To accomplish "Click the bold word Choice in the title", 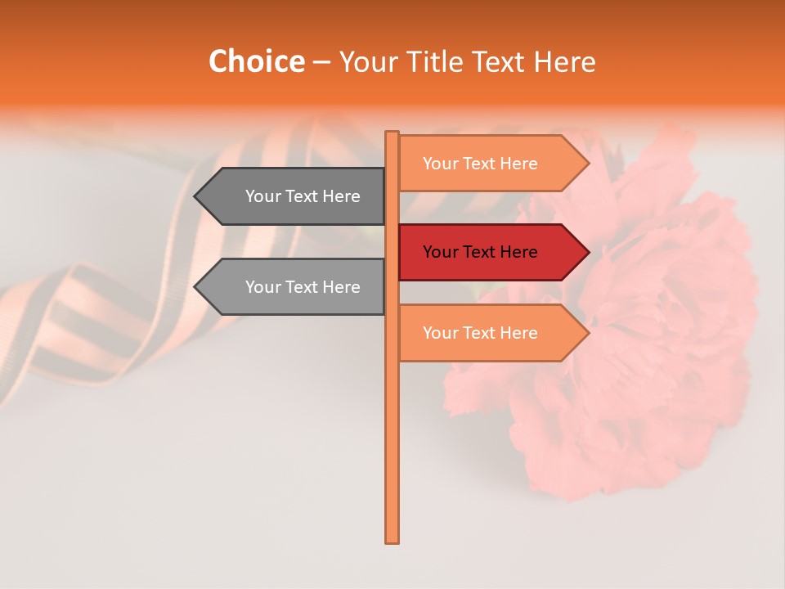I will pos(256,61).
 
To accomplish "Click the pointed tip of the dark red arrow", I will pos(588,252).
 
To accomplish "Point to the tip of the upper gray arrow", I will pos(195,196).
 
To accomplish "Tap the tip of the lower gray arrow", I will pos(195,287).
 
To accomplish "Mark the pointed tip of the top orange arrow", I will pos(588,164).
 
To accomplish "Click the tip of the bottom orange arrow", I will pos(588,333).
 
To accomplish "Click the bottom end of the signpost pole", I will pos(392,540).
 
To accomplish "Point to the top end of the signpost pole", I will pos(392,133).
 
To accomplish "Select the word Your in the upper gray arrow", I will pos(262,196).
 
